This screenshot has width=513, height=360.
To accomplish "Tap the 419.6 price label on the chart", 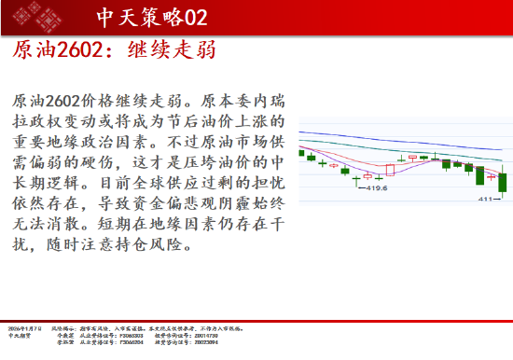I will (x=376, y=188).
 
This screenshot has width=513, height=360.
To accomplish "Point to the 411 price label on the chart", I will (x=485, y=199).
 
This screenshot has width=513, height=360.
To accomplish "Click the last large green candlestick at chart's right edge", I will (x=502, y=181).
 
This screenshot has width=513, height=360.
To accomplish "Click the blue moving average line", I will (x=401, y=135).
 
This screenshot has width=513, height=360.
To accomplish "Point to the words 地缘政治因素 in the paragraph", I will (x=110, y=145).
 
